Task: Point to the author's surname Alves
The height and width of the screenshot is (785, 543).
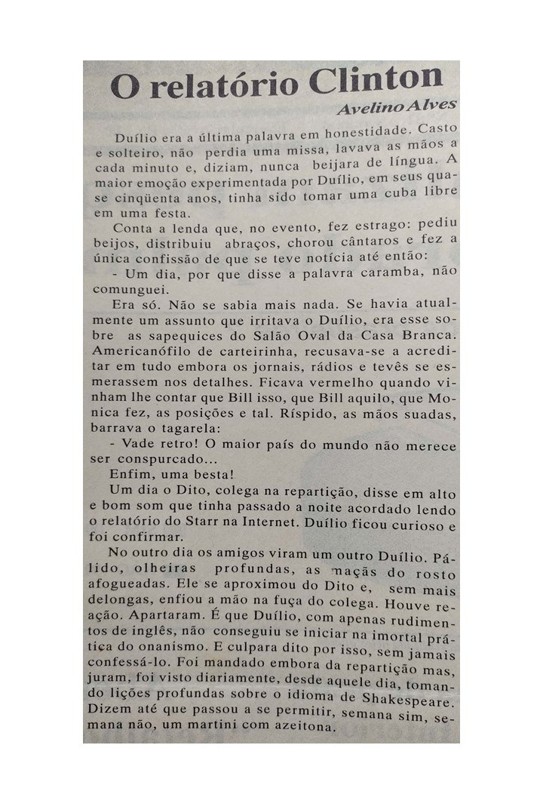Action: [431, 105]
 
